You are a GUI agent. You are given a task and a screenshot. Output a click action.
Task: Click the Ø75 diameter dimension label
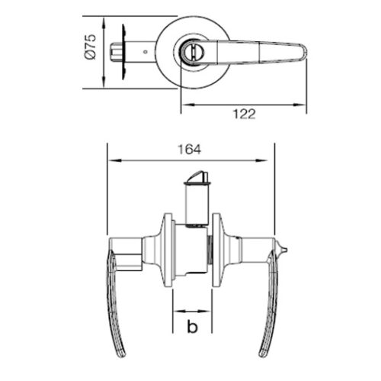(91, 47)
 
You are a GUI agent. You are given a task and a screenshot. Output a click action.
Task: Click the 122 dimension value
(244, 114)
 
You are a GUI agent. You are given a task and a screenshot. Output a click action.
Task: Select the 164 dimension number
(189, 150)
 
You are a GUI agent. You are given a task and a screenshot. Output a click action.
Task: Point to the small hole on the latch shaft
(145, 52)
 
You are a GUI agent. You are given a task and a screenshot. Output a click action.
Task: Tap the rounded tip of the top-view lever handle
(304, 52)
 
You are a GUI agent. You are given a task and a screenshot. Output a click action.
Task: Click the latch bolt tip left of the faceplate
(116, 52)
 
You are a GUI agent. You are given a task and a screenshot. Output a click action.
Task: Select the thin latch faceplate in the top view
(123, 52)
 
